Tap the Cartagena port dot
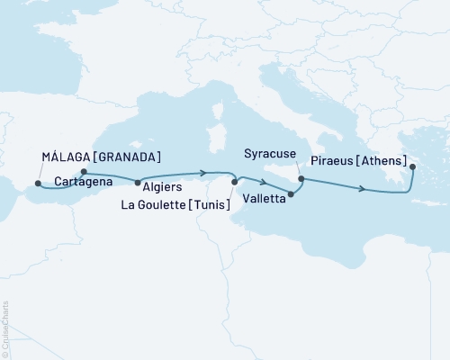click(84, 172)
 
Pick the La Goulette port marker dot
click(234, 183)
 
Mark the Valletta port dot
click(291, 193)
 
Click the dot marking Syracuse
click(301, 179)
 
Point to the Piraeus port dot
click(412, 166)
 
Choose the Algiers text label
click(161, 188)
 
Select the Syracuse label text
click(271, 156)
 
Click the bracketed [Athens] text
click(383, 166)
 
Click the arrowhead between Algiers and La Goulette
click(206, 173)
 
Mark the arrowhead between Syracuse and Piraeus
click(363, 189)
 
